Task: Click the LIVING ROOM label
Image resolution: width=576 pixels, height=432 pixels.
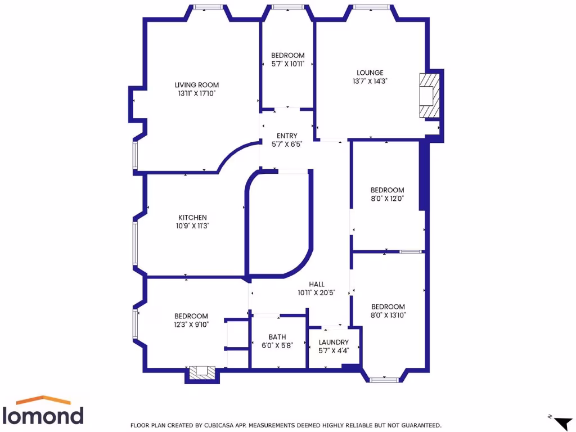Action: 196,85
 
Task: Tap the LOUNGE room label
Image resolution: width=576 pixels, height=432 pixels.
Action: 370,73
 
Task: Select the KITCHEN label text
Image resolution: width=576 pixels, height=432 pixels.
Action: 193,218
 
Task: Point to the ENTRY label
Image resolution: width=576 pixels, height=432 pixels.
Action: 287,136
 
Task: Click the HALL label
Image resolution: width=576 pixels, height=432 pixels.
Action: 317,285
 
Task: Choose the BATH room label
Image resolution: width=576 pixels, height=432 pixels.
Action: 277,337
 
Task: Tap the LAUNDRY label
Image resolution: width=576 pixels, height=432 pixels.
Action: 334,342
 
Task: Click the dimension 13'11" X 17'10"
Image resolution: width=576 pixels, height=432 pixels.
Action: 196,93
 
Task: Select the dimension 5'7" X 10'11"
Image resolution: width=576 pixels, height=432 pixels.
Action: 287,64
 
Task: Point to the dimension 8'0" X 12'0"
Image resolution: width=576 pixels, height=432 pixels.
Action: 387,199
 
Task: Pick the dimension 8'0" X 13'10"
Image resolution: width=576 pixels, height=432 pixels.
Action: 388,315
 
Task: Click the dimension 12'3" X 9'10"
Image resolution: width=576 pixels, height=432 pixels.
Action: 191,325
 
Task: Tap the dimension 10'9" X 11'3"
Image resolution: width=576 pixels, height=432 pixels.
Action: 193,226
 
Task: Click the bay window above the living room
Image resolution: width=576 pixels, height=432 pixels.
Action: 208,7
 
